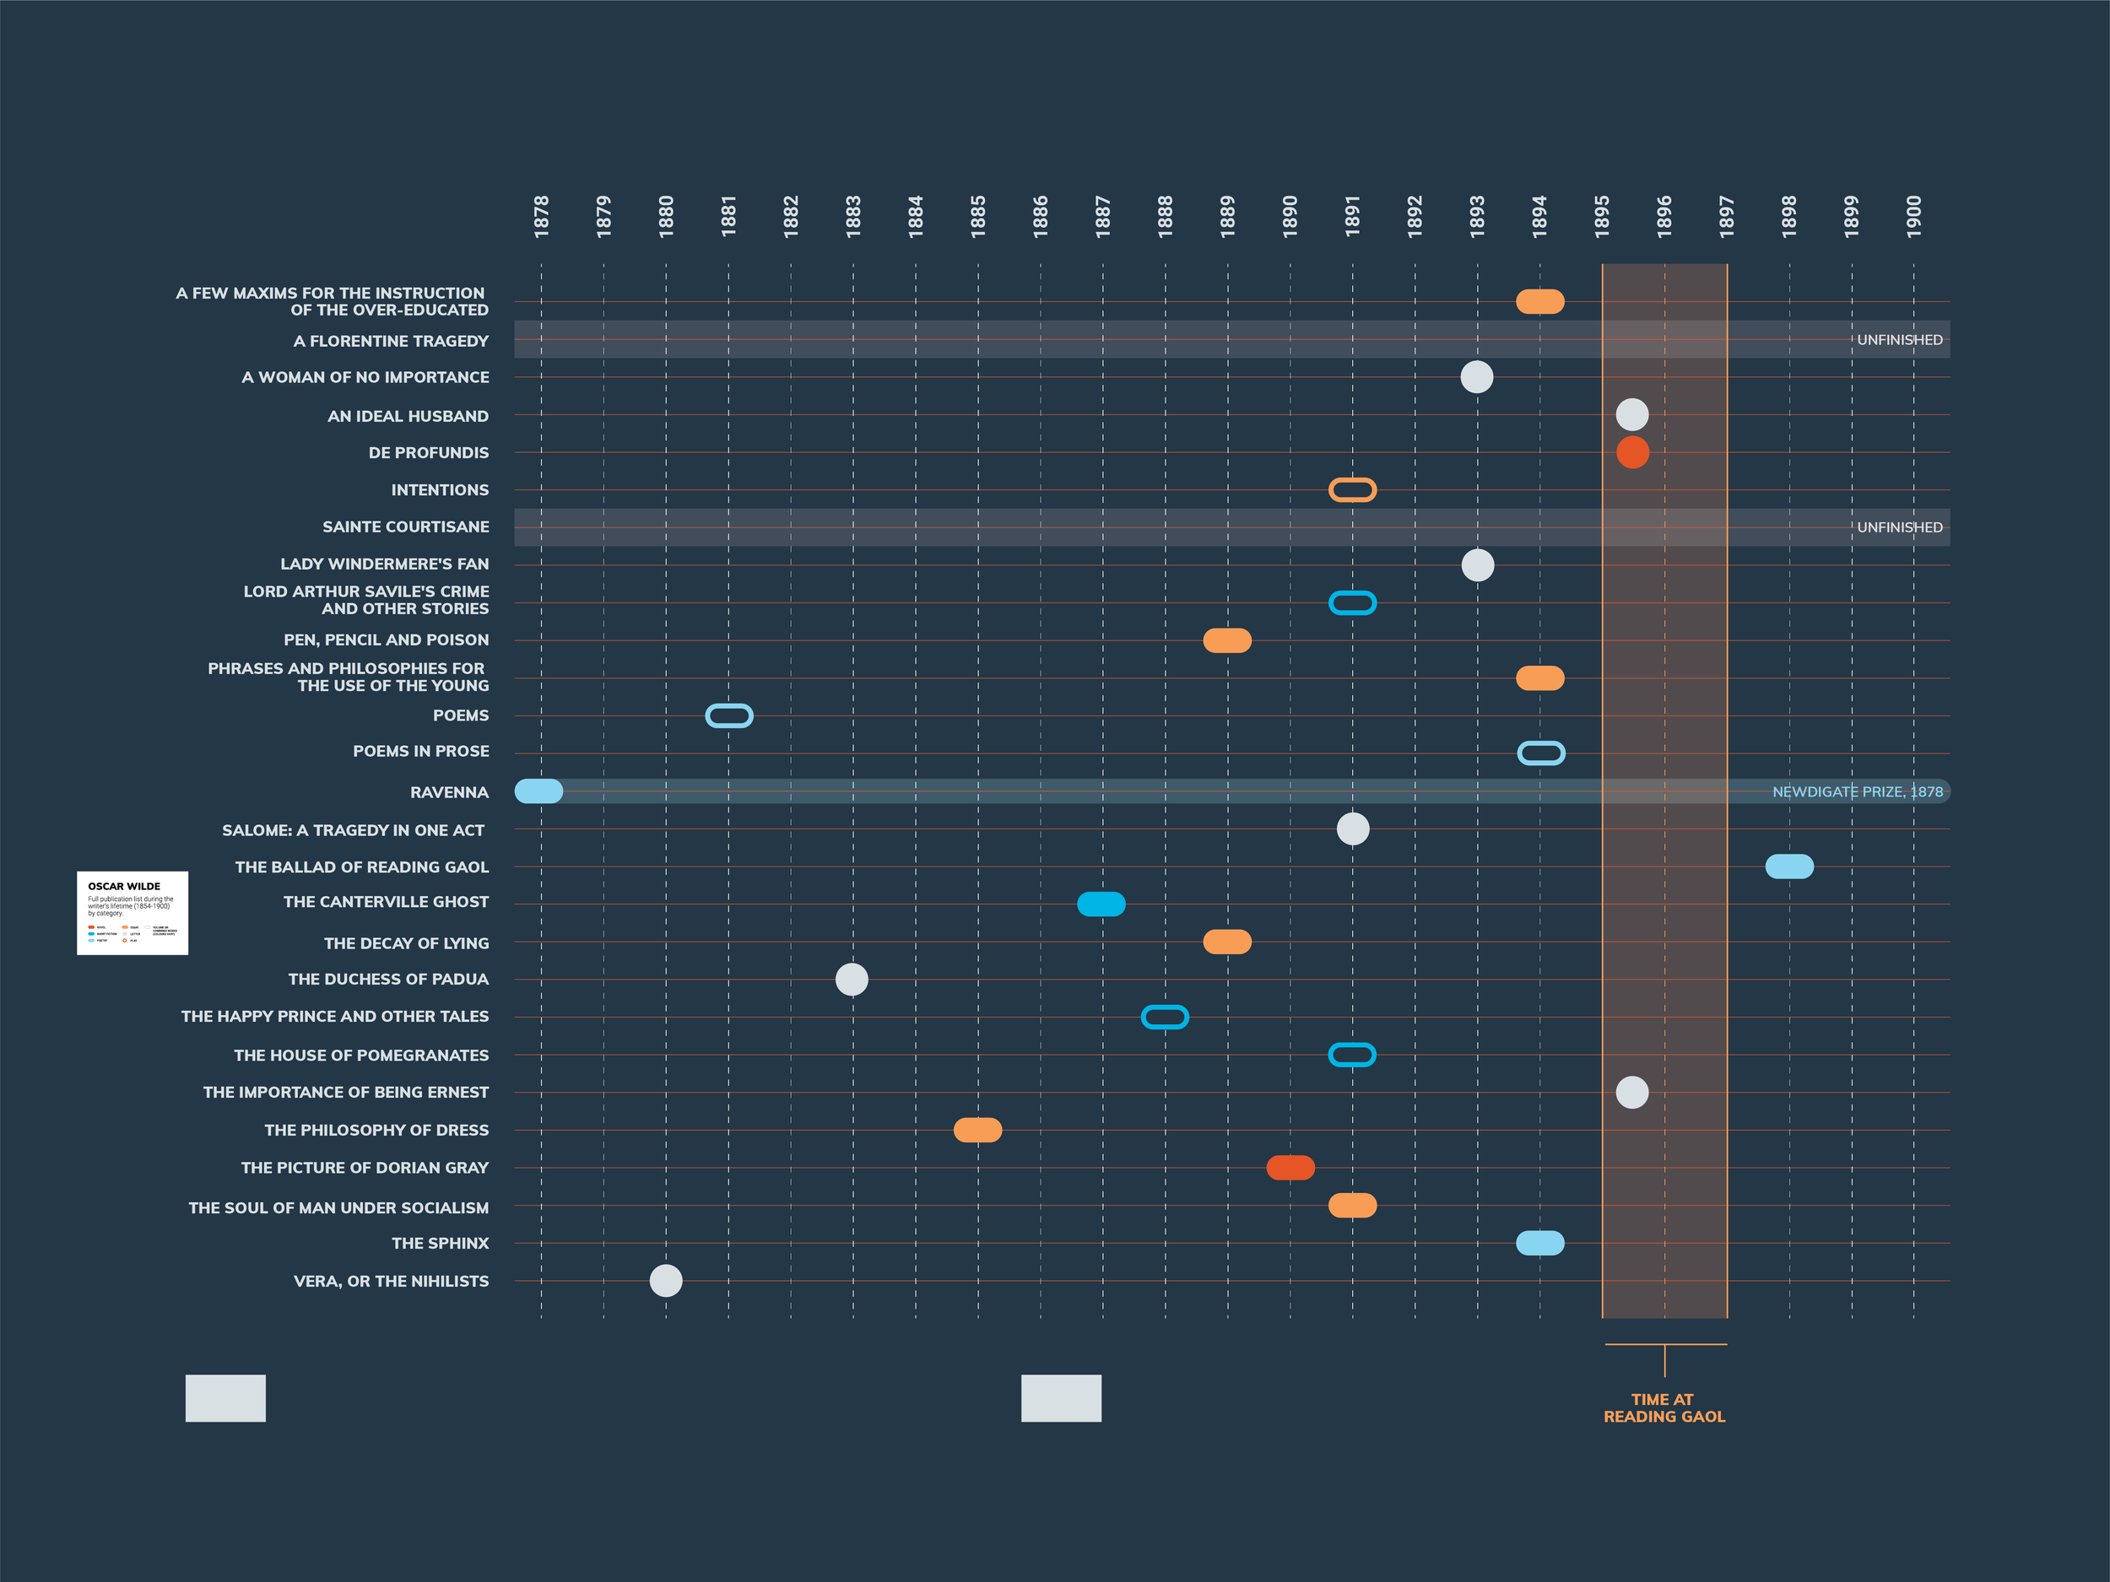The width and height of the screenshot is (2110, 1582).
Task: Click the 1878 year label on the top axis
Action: [x=541, y=217]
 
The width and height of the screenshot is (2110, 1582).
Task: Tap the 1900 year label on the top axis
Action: [x=1913, y=217]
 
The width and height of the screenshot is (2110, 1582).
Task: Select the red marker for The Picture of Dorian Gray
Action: [x=1290, y=1167]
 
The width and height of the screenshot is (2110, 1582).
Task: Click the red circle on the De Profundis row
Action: [x=1632, y=452]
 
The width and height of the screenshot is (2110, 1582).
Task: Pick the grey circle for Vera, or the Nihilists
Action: [x=666, y=1281]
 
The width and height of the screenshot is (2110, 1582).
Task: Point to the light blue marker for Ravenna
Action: [x=539, y=791]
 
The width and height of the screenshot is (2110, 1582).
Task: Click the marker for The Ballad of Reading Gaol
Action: [x=1788, y=867]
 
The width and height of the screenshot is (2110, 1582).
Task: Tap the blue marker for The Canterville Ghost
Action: [x=1101, y=904]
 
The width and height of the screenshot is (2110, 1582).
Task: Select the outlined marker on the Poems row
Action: [x=728, y=715]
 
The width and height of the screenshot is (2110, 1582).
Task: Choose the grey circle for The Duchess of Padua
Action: [x=852, y=980]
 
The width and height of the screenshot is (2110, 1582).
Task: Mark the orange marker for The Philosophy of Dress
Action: [x=977, y=1130]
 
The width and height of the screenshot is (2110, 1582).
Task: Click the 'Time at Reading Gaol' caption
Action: [x=1664, y=1407]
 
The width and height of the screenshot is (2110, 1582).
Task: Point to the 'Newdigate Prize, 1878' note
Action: [x=1856, y=791]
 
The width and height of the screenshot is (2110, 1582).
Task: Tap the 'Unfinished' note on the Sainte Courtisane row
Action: [x=1898, y=527]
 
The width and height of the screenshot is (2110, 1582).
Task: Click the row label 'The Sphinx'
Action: [x=440, y=1244]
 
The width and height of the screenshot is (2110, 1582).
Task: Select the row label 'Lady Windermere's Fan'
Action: [x=384, y=564]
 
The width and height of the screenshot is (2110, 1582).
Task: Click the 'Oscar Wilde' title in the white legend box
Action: [x=124, y=886]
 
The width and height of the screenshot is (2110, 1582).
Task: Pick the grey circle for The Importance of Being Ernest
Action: [x=1632, y=1092]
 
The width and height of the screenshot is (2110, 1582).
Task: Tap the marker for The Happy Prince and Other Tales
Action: [x=1165, y=1018]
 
